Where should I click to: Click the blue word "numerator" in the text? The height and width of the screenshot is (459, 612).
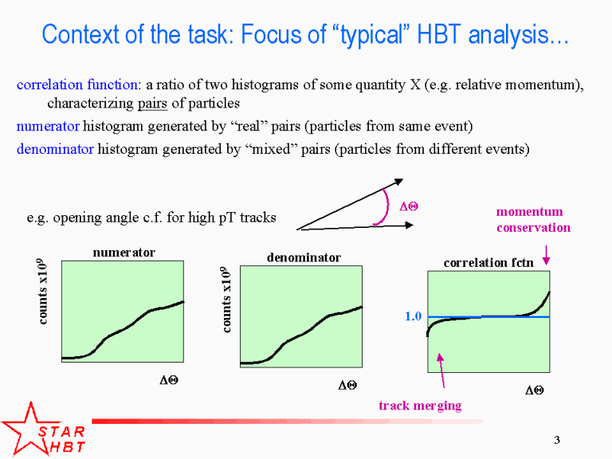(x=48, y=126)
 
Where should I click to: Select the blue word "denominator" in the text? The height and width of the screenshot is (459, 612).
(x=55, y=149)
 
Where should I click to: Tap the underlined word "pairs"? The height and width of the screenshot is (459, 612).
(x=153, y=104)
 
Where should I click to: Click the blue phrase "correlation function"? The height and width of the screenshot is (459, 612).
(x=76, y=84)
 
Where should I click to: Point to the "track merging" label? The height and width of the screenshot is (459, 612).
(x=421, y=406)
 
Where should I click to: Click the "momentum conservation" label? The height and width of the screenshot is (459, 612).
(x=533, y=219)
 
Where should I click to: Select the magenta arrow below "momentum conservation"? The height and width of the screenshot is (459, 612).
(x=547, y=255)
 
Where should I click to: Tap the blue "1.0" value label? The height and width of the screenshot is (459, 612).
(x=414, y=316)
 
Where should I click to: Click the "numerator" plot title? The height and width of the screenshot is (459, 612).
(x=124, y=253)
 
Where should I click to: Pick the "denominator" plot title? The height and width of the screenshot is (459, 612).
(x=304, y=257)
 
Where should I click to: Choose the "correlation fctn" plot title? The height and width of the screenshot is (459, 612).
(x=488, y=263)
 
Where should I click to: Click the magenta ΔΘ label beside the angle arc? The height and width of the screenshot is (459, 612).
(x=409, y=206)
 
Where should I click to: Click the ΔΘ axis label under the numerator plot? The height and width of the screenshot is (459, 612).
(x=169, y=380)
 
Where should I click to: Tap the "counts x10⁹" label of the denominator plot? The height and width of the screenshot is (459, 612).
(x=226, y=300)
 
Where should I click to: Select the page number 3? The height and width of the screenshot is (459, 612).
(x=557, y=440)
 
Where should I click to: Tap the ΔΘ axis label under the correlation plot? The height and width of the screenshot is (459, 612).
(x=535, y=390)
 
